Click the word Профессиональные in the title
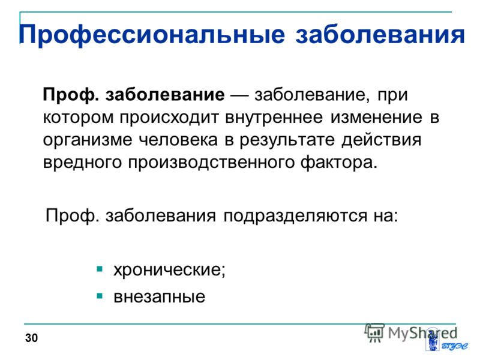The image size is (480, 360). (x=152, y=34)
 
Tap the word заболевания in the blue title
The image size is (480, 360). (x=380, y=34)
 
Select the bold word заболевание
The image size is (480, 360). (x=165, y=94)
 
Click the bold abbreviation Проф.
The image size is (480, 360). (x=71, y=95)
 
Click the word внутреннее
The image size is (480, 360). (x=274, y=117)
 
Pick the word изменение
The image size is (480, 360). (x=376, y=117)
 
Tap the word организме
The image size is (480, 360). (x=88, y=140)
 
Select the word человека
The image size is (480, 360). (x=178, y=140)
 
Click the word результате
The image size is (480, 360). (x=287, y=140)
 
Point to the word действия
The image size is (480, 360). (x=382, y=140)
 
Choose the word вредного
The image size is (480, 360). (x=82, y=162)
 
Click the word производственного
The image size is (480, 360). (x=211, y=163)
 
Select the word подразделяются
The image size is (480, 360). (x=295, y=216)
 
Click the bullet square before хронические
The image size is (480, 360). (x=100, y=269)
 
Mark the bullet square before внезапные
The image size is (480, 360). (x=100, y=296)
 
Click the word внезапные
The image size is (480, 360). (x=159, y=296)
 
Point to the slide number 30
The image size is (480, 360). (x=32, y=338)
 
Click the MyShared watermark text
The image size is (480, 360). (x=422, y=333)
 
